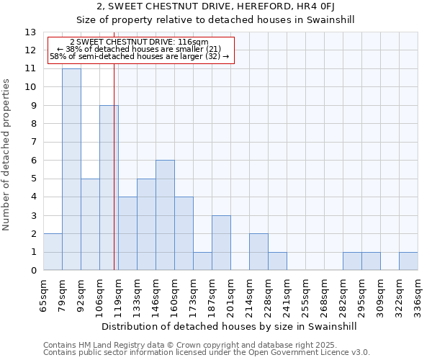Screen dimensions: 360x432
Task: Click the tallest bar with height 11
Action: (71, 169)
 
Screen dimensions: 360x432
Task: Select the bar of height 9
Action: (109, 187)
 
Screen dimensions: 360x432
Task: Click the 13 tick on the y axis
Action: (31, 32)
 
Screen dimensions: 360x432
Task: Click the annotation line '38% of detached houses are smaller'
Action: (140, 49)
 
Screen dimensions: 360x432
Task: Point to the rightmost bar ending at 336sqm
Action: (408, 261)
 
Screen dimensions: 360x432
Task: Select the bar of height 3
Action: (221, 243)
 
